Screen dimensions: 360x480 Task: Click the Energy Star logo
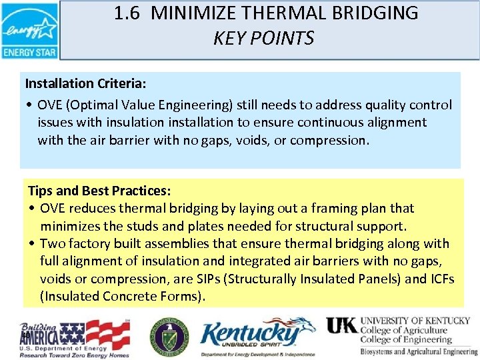(29, 30)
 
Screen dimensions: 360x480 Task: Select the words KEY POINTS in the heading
(263, 39)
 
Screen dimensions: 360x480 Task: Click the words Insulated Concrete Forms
(120, 296)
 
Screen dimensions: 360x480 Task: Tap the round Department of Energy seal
(169, 336)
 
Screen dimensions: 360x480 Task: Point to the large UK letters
(342, 325)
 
